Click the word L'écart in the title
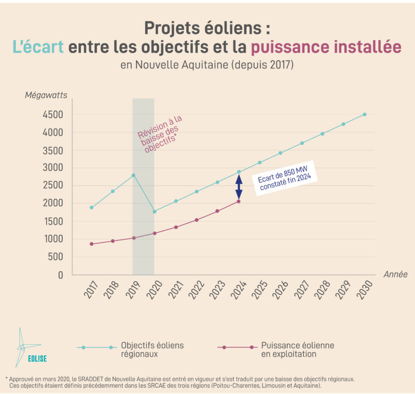pyautogui.click(x=38, y=47)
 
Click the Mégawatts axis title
pyautogui.click(x=46, y=95)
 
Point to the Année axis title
pyautogui.click(x=395, y=274)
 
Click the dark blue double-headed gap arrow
pyautogui.click(x=239, y=187)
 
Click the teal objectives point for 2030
pyautogui.click(x=364, y=115)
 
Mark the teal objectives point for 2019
pyautogui.click(x=133, y=175)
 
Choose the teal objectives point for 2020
pyautogui.click(x=154, y=212)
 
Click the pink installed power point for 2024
pyautogui.click(x=239, y=201)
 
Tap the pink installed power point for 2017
pyautogui.click(x=92, y=244)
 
